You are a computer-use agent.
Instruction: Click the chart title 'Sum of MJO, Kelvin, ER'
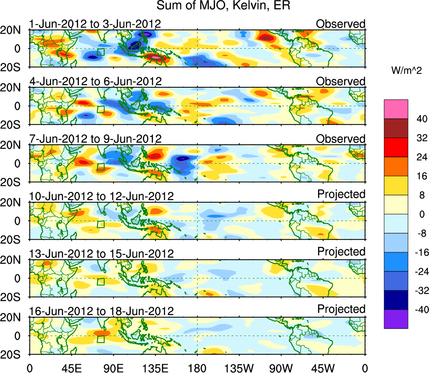tap(223, 6)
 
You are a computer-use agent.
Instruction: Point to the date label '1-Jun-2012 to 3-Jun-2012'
tap(95, 23)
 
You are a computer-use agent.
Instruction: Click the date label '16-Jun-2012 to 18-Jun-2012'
tap(101, 311)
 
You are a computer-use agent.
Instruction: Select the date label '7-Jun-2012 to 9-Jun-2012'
tap(95, 138)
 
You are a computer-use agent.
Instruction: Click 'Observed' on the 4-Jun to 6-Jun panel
tap(341, 81)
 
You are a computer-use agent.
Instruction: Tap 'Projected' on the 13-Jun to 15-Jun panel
tap(341, 252)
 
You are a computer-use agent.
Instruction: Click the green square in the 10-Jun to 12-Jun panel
tap(100, 224)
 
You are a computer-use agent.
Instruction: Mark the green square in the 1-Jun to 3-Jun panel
tap(100, 52)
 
